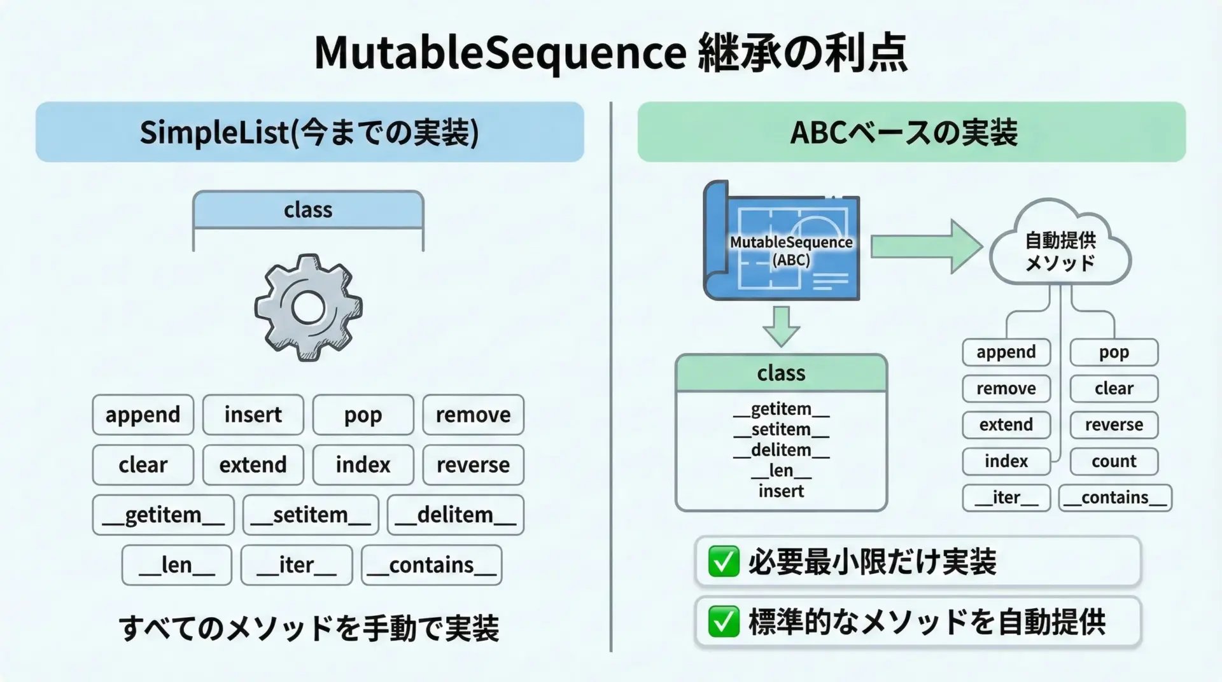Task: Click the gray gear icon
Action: [309, 308]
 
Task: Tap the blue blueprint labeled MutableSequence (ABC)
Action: [783, 242]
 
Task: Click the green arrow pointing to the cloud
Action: [926, 246]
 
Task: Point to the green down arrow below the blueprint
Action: [781, 326]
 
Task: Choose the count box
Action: [1114, 461]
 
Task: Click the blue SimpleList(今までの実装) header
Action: [309, 132]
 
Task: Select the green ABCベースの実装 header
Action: [911, 132]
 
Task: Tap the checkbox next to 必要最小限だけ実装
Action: [724, 562]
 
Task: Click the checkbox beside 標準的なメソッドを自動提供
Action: [724, 622]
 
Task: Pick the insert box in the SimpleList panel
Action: [253, 415]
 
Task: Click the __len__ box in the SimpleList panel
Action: [176, 565]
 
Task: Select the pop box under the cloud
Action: [1114, 352]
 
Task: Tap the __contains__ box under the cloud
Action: [1115, 498]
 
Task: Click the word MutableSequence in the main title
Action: [500, 52]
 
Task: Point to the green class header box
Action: [781, 373]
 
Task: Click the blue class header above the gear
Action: [308, 210]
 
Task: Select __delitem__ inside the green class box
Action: [781, 450]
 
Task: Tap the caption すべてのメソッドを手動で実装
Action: [309, 627]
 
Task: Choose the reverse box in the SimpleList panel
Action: [473, 465]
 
